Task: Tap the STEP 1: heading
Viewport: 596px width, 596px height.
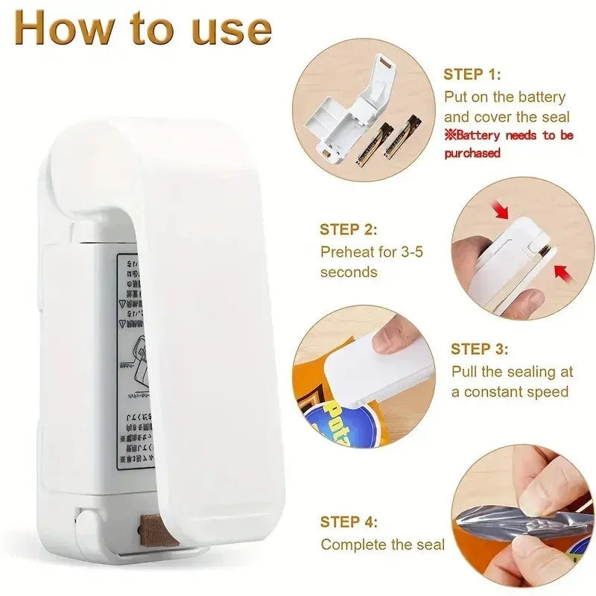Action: tap(472, 74)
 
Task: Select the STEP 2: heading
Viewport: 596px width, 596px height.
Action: tap(349, 230)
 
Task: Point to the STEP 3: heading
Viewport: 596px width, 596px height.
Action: tap(480, 349)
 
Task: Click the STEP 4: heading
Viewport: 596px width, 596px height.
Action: tap(349, 522)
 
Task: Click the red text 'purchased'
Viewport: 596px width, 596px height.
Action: tap(472, 153)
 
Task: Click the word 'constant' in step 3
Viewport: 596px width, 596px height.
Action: tap(502, 392)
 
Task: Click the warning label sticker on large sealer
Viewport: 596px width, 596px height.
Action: tap(134, 358)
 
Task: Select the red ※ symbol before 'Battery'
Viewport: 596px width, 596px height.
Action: tap(450, 136)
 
